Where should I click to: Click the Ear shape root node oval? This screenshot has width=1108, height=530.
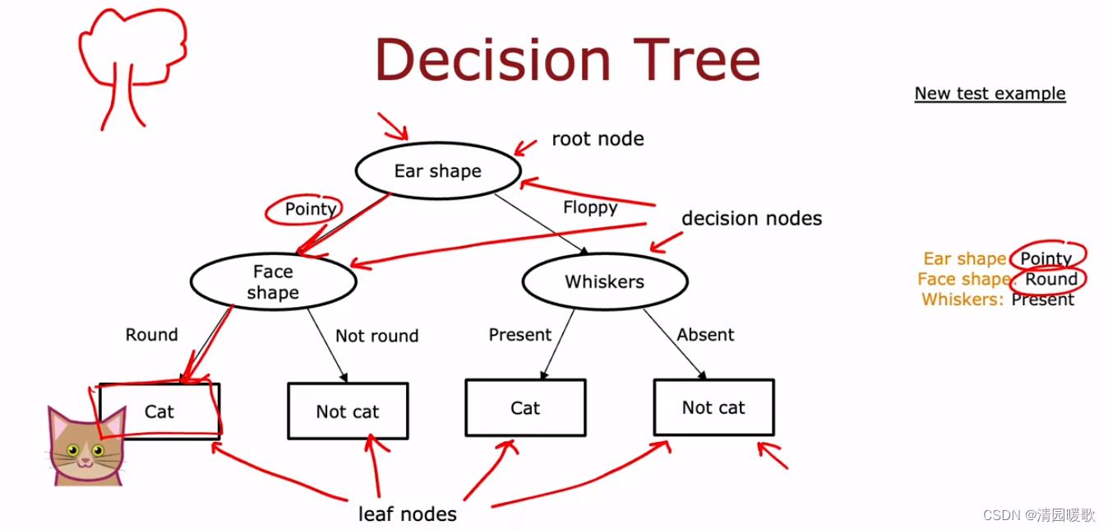point(437,171)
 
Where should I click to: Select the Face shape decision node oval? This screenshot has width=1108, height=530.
point(273,281)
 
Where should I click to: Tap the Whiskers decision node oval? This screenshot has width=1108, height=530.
point(604,281)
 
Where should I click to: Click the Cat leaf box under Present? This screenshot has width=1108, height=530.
point(525,408)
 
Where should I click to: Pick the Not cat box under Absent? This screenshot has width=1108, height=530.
point(713,407)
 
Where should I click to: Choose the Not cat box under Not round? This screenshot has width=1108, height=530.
point(348,411)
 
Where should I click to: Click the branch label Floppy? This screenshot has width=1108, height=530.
point(590,207)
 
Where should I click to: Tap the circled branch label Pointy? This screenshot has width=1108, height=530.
point(310,209)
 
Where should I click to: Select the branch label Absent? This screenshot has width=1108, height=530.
point(705,335)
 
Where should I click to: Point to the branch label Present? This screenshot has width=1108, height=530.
point(519,335)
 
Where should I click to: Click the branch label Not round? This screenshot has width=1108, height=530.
point(377,336)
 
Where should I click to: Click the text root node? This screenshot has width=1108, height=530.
point(598,138)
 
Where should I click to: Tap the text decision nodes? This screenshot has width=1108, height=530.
point(751,218)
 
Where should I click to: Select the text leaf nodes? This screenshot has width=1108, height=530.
point(408,514)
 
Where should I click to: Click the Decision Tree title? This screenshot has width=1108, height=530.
point(567,59)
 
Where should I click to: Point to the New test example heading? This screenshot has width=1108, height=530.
point(990,93)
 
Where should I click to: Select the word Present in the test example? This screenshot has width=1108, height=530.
point(1042,300)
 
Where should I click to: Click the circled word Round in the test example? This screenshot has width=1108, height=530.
point(1050,279)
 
